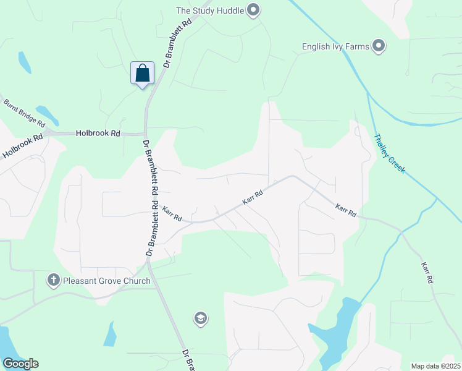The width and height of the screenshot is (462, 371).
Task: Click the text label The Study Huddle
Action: coord(209,10)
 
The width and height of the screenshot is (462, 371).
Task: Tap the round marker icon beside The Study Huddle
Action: coord(253,9)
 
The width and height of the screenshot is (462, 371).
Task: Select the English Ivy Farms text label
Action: coord(335,46)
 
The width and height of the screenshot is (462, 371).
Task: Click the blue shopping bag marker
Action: coord(143,73)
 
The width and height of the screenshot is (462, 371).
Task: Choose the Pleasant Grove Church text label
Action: coord(107,281)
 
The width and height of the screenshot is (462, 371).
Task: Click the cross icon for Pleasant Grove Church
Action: coord(54,281)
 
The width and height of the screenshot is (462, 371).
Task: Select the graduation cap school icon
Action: coord(200,318)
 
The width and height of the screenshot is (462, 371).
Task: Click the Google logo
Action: coord(20,364)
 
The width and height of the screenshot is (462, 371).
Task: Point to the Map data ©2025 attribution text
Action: coord(435,366)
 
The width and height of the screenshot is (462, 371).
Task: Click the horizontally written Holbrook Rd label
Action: coord(98,133)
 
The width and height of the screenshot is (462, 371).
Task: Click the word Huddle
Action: coord(229,10)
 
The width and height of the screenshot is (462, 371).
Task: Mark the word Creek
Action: coord(397,162)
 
